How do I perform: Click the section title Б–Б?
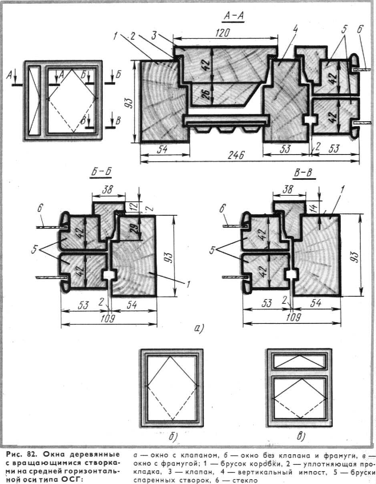point(100,173)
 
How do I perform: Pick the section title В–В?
point(303,173)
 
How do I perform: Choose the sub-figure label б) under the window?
point(173,436)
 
